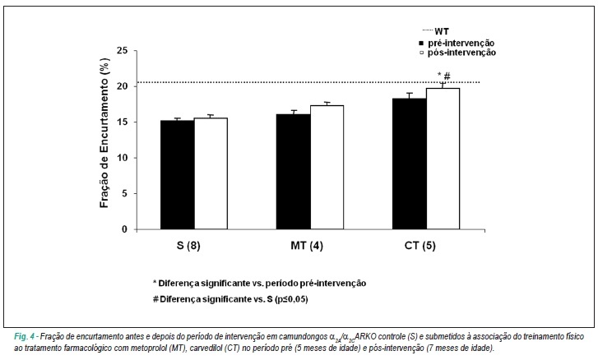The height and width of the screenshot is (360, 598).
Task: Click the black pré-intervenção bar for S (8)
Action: click(178, 175)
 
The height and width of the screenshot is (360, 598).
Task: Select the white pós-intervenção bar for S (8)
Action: click(211, 173)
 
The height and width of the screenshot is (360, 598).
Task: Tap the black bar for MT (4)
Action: click(294, 172)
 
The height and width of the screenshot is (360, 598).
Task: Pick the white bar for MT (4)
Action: click(327, 167)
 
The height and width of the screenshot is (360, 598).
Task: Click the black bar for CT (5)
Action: click(410, 164)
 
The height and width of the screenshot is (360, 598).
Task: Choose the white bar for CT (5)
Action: click(443, 159)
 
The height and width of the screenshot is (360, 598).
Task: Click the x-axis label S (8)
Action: click(188, 246)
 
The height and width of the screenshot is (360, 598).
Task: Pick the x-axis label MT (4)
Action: click(307, 246)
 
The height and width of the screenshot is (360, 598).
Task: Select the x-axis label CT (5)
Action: click(420, 246)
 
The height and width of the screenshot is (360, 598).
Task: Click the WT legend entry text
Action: click(442, 31)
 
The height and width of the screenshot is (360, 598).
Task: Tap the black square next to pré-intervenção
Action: click(421, 43)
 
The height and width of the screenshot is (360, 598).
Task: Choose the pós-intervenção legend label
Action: click(461, 53)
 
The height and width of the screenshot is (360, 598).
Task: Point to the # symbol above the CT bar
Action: click(447, 76)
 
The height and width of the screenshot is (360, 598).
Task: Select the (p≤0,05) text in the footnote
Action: click(291, 299)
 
